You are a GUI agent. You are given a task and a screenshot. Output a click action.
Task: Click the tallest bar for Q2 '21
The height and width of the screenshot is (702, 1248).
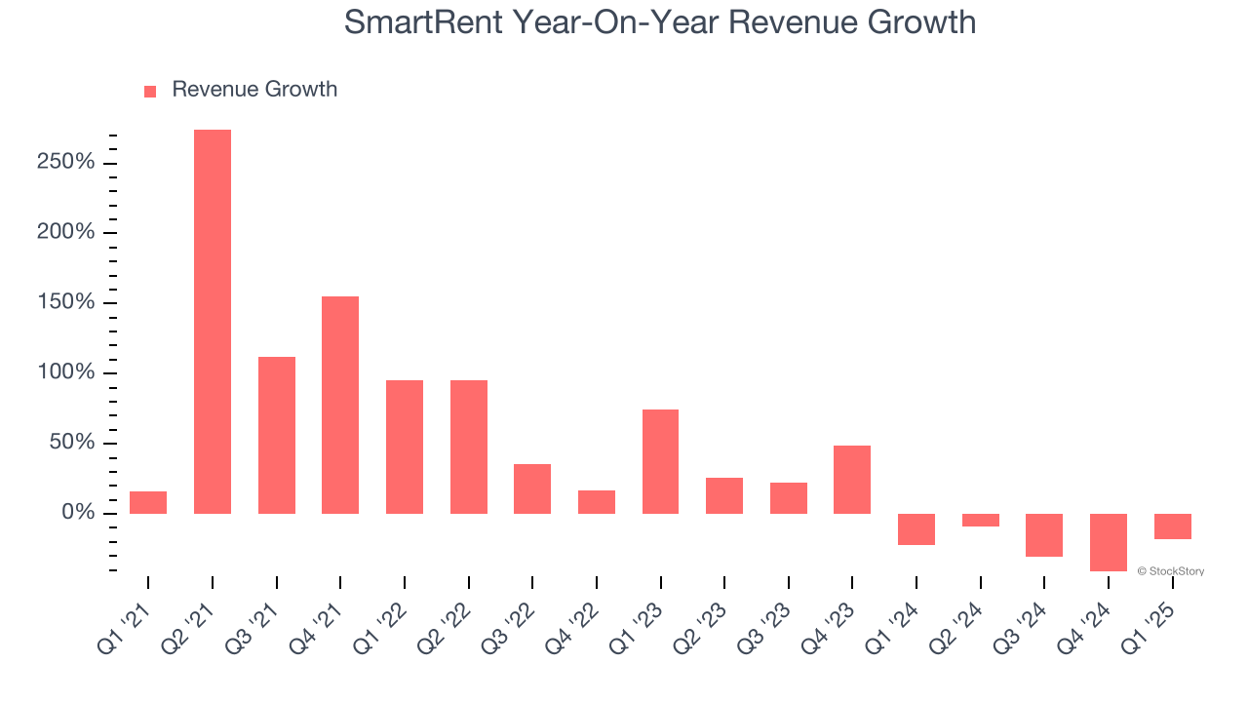pos(213,322)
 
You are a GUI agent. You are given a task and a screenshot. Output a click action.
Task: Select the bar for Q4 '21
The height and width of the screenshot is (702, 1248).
pos(340,405)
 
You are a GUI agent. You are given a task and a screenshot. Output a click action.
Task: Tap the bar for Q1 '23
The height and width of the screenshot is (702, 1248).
pos(660,461)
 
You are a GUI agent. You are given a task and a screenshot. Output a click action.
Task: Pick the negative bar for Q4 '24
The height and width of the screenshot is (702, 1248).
pos(1108,542)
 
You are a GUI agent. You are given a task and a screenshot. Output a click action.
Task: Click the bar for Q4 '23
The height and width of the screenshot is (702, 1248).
pos(852,480)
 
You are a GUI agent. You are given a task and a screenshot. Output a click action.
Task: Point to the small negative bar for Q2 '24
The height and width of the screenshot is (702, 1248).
pos(980,520)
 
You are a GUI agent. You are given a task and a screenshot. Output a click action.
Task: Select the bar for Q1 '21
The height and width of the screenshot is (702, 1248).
pos(148,502)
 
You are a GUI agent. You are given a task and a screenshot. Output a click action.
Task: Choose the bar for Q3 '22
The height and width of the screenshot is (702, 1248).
pos(532,488)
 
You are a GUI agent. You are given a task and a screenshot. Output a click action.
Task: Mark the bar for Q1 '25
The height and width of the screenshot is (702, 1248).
pos(1172,526)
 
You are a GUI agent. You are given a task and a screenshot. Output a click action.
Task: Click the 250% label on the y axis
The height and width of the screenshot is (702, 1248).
pos(66,162)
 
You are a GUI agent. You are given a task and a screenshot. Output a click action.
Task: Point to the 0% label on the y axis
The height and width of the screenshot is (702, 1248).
pos(78,513)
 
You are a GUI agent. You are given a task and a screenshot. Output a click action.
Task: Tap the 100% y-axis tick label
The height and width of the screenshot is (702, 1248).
pos(66,372)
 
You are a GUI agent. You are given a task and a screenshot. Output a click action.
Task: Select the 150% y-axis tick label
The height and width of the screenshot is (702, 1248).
pos(66,302)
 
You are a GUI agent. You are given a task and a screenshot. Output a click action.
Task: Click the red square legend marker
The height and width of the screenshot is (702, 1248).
pos(150,92)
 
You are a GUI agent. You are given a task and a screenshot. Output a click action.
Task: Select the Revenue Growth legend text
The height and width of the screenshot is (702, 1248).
pos(254,90)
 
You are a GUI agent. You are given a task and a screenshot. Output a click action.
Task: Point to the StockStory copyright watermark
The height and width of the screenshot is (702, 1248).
pos(1170,571)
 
